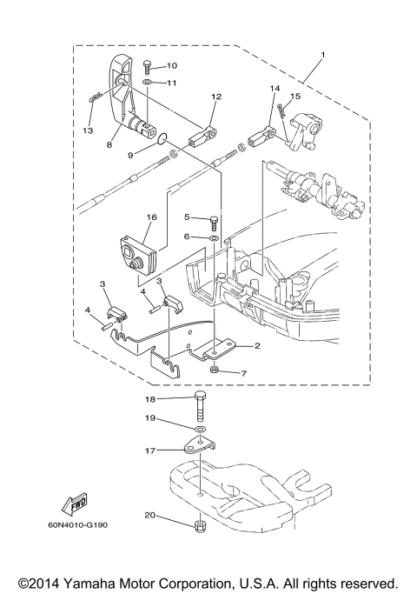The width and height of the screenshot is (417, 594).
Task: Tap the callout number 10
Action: (171, 65)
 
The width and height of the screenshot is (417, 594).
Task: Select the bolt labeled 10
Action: (147, 66)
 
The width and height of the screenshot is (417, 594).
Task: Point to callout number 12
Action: (216, 97)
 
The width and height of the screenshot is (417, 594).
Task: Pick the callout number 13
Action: (87, 131)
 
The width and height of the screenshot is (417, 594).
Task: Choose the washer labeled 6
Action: (214, 236)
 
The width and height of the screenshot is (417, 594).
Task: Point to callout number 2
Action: (257, 346)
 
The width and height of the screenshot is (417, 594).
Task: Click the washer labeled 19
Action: (201, 430)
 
